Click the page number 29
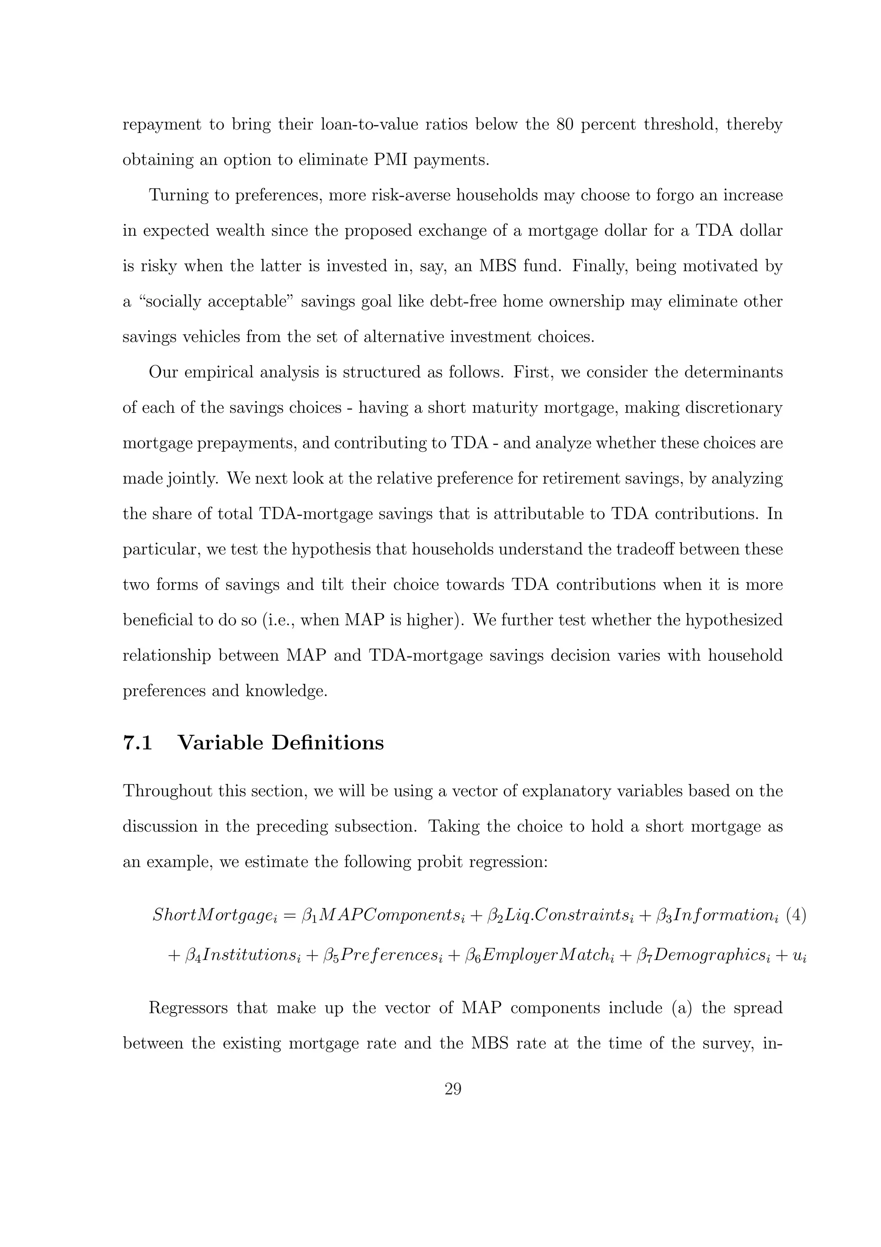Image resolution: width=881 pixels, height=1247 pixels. coord(453,1089)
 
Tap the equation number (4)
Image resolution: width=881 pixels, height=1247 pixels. coord(796,915)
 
